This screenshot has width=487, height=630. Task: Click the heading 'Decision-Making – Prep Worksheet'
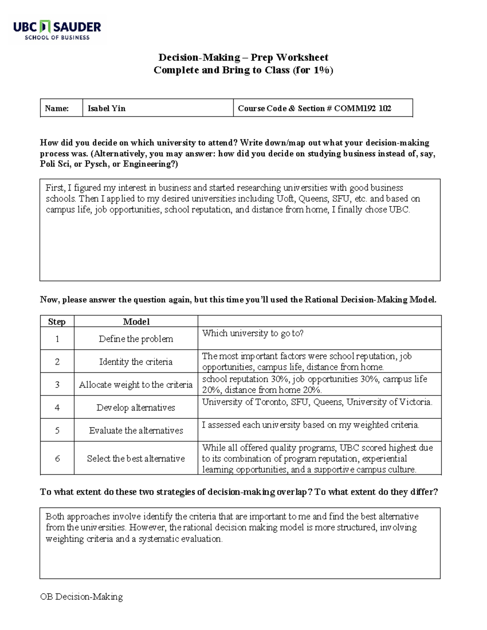click(243, 57)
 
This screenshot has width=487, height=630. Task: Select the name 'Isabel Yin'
click(107, 108)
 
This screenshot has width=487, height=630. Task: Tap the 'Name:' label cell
click(57, 108)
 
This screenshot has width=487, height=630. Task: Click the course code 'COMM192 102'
click(362, 108)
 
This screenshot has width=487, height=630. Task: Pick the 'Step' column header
click(57, 322)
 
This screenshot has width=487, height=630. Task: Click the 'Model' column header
click(136, 322)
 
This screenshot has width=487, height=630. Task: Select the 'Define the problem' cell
click(136, 339)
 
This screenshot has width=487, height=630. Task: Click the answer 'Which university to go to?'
click(253, 333)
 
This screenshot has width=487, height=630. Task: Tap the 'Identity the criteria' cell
click(136, 362)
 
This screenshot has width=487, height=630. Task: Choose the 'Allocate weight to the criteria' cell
click(136, 385)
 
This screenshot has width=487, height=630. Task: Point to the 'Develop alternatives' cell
click(136, 408)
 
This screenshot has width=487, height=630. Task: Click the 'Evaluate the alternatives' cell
click(136, 430)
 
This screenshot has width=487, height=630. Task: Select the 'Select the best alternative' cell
click(136, 458)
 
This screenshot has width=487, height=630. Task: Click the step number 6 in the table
click(57, 458)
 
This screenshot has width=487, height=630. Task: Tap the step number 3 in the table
click(57, 385)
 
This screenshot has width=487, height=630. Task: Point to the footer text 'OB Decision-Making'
click(81, 597)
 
